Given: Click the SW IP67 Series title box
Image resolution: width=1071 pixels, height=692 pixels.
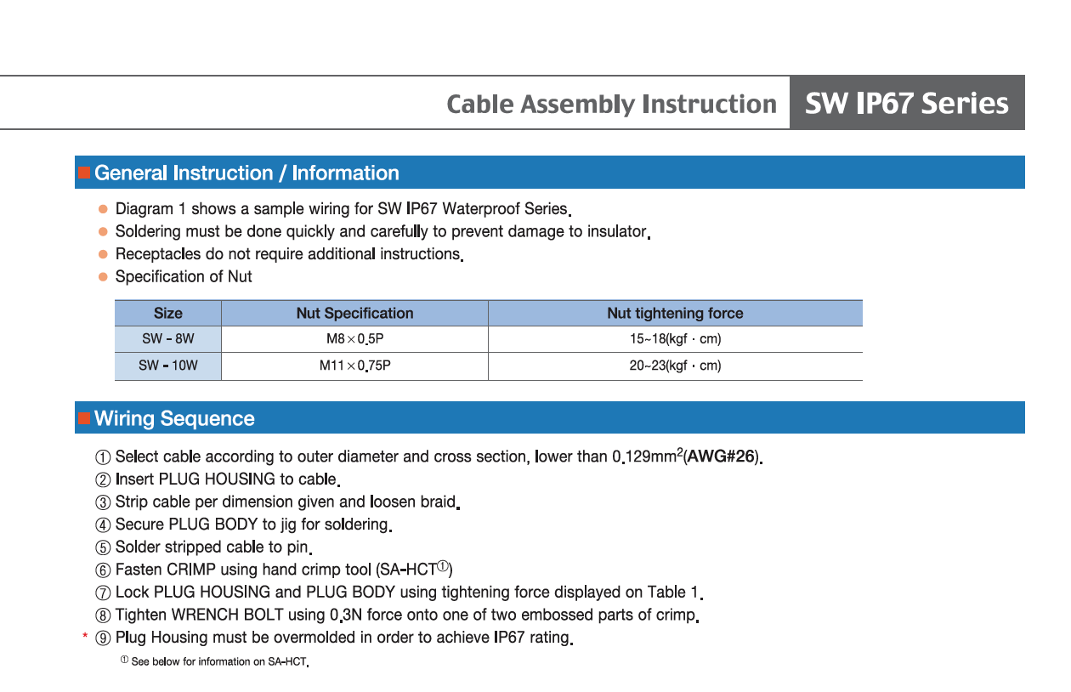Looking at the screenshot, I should coord(906,103).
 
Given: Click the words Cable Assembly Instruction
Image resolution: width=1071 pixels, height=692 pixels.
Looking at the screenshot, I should coord(611,104).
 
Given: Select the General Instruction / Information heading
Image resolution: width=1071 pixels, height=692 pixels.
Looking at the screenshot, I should coord(246,173).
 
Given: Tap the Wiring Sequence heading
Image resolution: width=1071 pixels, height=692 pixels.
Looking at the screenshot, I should coord(174,418).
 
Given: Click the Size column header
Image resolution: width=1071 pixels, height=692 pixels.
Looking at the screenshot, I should coord(167,313).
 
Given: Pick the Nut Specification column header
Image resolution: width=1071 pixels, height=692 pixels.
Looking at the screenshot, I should coord(354,313).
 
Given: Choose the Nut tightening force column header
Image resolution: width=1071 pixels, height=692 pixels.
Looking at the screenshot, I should coord(675,313).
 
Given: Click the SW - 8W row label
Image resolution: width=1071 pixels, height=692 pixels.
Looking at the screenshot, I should coord(167,338).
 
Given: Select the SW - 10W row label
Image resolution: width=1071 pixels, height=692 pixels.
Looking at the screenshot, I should coord(167,366).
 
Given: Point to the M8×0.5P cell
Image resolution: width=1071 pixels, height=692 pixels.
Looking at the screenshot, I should coord(354,338).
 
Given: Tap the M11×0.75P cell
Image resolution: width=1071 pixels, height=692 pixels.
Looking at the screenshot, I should coord(354,366).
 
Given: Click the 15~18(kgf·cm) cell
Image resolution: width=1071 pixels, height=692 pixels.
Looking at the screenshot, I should coord(675,338).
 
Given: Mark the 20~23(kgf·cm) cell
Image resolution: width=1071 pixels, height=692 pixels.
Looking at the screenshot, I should coord(675,366).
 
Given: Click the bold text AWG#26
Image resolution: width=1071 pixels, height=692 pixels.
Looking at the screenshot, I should coord(721,457).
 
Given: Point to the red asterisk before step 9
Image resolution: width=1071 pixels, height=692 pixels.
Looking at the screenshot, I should coord(85,637).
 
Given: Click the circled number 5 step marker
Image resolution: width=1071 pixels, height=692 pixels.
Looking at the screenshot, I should coord(103,547).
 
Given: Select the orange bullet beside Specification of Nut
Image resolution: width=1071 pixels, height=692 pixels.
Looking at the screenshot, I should coord(103,276).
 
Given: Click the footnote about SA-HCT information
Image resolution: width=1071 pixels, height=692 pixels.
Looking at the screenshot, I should coord(218,661).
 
